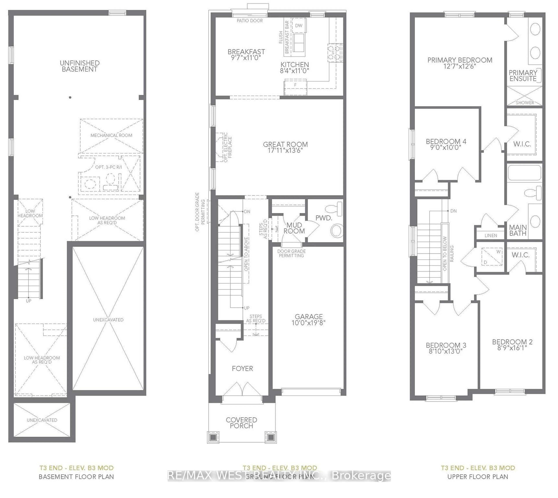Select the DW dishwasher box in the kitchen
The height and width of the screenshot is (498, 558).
tap(299, 25)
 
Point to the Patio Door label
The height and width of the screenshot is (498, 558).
tap(250, 21)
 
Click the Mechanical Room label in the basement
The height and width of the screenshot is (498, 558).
tap(111, 135)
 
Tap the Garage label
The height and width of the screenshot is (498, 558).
tap(308, 317)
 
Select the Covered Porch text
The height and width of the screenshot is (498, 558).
tap(241, 423)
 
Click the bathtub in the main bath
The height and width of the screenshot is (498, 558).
tap(524, 173)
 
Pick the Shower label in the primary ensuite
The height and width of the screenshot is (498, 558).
tap(525, 103)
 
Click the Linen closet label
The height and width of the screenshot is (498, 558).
tap(490, 235)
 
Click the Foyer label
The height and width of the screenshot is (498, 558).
tap(242, 368)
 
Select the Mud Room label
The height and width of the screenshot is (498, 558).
tap(294, 228)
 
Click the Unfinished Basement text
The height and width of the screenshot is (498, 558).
tap(79, 66)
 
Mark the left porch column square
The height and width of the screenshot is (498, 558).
tap(213, 437)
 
